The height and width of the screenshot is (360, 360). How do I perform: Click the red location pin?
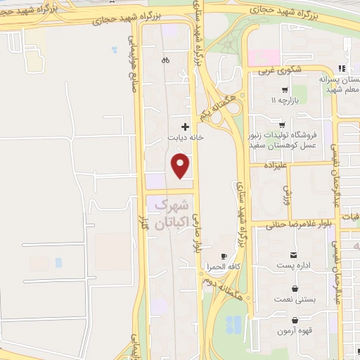pos(181,166)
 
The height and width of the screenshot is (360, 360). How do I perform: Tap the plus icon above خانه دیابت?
pos(185,127)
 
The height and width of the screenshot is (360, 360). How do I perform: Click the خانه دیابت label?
pos(185,138)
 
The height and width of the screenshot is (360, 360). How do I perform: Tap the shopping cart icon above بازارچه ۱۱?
pos(283,89)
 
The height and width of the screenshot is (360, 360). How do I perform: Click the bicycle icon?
pos(165,60)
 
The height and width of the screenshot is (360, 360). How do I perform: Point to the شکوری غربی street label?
pos(279,71)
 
